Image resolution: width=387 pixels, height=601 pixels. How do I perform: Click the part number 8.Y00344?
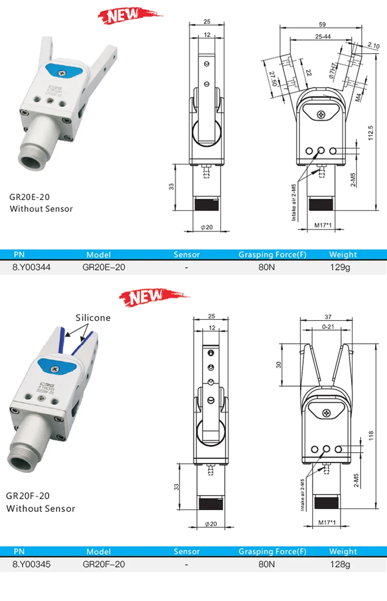click(x=31, y=267)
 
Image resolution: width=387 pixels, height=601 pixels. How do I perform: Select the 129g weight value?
click(x=340, y=267)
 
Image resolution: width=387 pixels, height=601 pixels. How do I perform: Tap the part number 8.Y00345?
click(x=31, y=564)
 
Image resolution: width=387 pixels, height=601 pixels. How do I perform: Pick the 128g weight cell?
click(x=340, y=564)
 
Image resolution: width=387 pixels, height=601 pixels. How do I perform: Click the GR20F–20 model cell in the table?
click(x=104, y=564)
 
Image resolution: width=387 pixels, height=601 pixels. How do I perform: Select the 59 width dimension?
click(x=322, y=24)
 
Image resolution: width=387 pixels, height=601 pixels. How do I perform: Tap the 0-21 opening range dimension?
click(x=328, y=327)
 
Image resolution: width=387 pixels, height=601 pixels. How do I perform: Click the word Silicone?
click(x=93, y=318)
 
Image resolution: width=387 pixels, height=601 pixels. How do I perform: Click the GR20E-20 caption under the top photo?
click(x=30, y=197)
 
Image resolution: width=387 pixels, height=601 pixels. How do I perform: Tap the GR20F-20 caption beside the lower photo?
click(x=28, y=496)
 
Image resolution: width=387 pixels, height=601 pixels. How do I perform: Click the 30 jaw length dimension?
click(x=279, y=365)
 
